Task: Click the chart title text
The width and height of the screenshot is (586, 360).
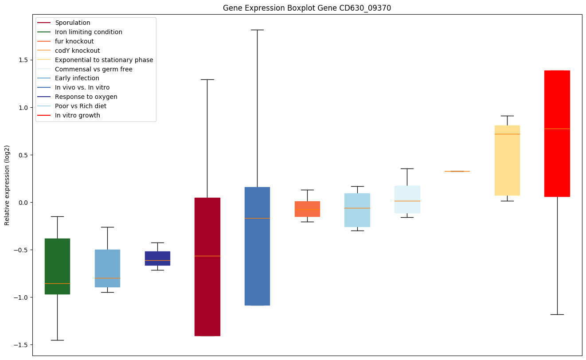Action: point(307,8)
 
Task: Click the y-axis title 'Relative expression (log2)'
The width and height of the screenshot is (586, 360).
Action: point(7,185)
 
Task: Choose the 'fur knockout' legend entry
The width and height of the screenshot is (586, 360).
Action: point(74,41)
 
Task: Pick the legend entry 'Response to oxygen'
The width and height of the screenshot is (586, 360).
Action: point(86,97)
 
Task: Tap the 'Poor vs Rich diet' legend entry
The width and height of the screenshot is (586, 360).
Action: point(80,106)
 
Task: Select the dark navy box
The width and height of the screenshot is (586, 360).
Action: point(157,258)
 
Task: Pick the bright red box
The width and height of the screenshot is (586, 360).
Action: point(557,133)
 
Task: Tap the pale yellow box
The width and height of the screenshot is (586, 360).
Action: point(507,160)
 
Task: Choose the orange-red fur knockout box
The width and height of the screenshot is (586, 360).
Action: point(307,209)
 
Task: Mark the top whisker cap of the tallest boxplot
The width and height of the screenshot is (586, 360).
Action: point(257,30)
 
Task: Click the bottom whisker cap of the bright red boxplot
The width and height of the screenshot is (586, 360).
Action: point(557,314)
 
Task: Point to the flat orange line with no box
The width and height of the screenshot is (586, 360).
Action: point(457,171)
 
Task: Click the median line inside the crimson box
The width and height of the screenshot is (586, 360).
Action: point(207,256)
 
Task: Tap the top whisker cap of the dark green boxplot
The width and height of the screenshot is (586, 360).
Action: point(57,216)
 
